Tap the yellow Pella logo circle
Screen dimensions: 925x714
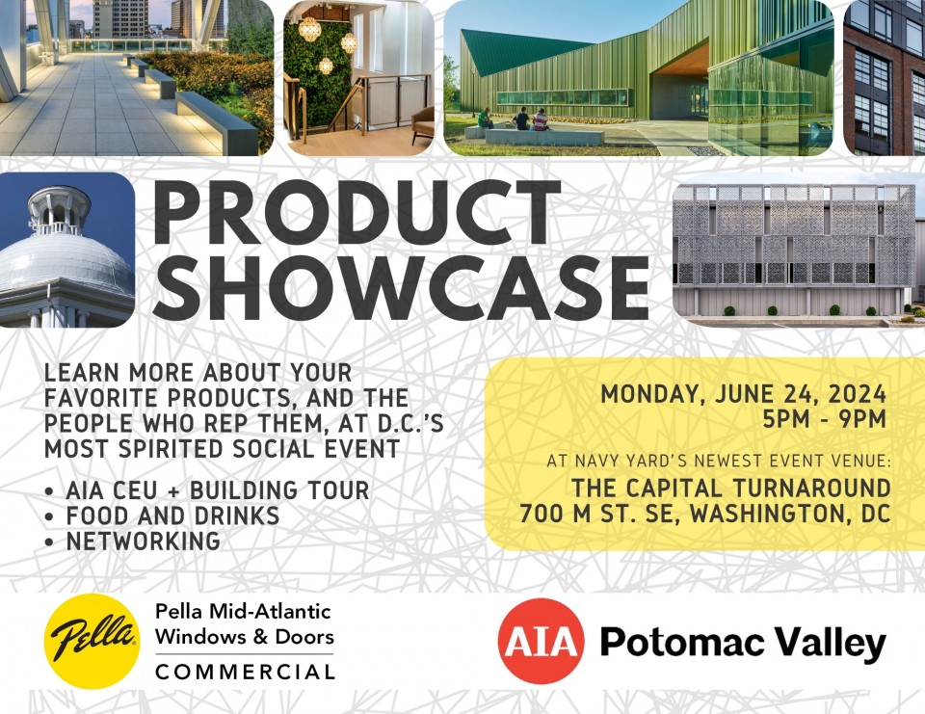pyautogui.click(x=92, y=641)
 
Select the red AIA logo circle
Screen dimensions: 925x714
pyautogui.click(x=541, y=642)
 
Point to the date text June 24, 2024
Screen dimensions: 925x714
pyautogui.click(x=801, y=393)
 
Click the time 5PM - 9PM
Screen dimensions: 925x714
pyautogui.click(x=825, y=419)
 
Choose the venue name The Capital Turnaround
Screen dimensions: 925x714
pyautogui.click(x=731, y=488)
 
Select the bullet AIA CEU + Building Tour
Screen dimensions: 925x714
pyautogui.click(x=207, y=490)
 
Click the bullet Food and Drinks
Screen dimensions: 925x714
pyautogui.click(x=162, y=516)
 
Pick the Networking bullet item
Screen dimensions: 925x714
pyautogui.click(x=133, y=542)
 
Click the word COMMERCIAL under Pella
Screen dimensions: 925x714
pyautogui.click(x=246, y=672)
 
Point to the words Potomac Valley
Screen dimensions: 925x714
pyautogui.click(x=743, y=642)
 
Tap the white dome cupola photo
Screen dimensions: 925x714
pyautogui.click(x=66, y=250)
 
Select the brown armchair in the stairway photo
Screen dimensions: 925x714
pyautogui.click(x=422, y=124)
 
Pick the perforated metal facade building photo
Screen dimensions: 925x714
pyautogui.click(x=799, y=250)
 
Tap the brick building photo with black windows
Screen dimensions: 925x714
pyautogui.click(x=885, y=78)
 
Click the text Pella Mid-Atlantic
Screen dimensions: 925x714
pyautogui.click(x=243, y=611)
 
